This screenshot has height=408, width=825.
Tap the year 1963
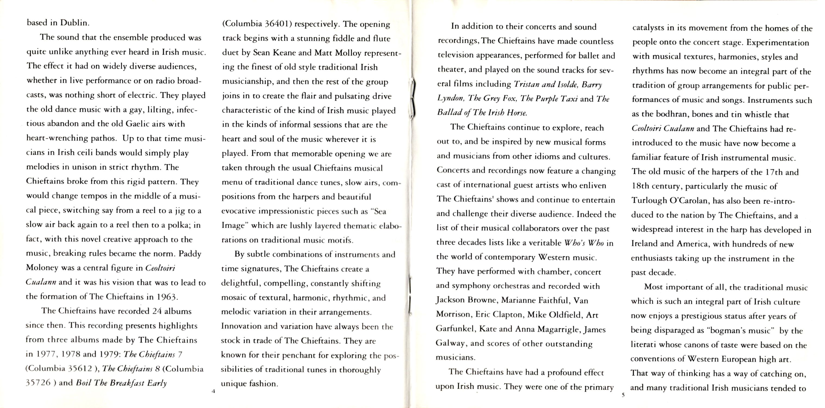click(x=167, y=297)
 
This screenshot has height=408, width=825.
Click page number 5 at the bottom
click(x=623, y=395)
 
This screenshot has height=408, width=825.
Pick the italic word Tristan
click(x=526, y=84)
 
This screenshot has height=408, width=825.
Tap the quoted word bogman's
click(x=726, y=330)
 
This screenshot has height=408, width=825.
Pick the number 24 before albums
click(x=157, y=311)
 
